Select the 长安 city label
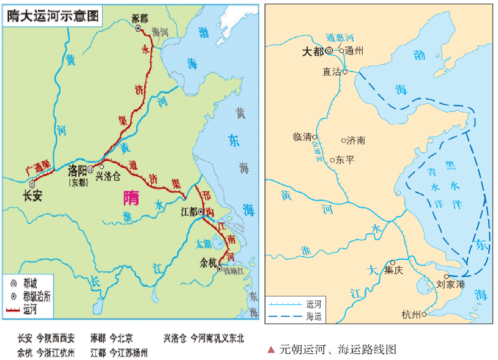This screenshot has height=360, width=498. (x=31, y=196)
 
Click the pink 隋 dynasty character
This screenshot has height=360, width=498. (x=131, y=197)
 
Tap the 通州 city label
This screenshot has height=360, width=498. (x=354, y=51)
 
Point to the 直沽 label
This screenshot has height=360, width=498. (x=332, y=71)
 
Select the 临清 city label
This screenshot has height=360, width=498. (x=303, y=137)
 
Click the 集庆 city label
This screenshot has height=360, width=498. (x=393, y=271)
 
